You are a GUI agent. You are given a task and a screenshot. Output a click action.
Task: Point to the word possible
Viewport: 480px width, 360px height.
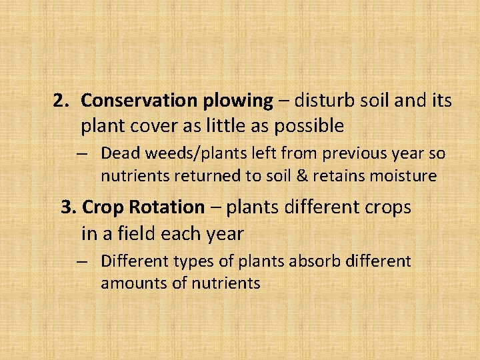click(312, 126)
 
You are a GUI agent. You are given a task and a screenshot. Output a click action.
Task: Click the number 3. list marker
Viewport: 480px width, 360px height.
click(69, 207)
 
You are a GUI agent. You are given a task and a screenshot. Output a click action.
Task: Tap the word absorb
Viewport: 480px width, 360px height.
click(311, 261)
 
